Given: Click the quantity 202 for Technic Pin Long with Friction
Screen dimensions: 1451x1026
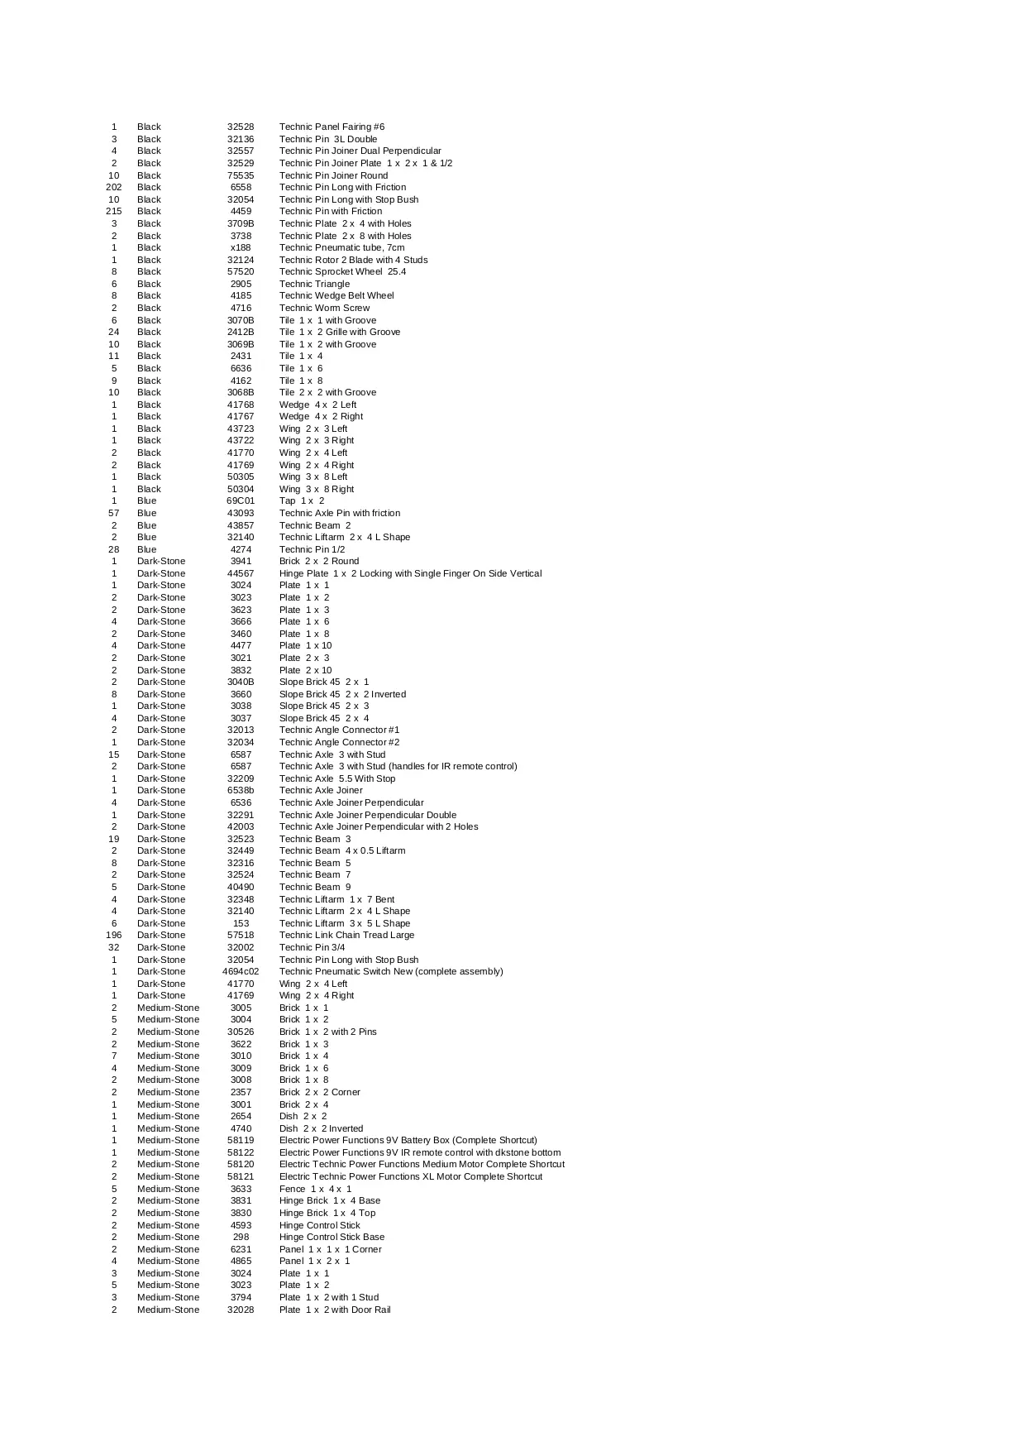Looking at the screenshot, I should tap(114, 187).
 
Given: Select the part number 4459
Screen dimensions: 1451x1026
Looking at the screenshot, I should tap(241, 211).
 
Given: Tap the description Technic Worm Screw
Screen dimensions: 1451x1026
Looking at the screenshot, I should tap(324, 308).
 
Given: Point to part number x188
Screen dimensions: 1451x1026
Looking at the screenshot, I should tap(241, 247).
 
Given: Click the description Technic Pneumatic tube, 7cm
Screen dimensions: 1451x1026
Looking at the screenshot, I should tap(341, 247).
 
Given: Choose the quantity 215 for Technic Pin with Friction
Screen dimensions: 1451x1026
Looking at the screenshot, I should tap(114, 211).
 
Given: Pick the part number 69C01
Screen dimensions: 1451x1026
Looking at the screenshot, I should tap(241, 500).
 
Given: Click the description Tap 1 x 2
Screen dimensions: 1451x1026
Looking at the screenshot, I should tap(302, 500).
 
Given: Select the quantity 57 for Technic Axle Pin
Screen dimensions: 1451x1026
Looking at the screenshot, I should tap(114, 513).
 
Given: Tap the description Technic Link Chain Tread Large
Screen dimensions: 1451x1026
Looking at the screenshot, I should tap(346, 935).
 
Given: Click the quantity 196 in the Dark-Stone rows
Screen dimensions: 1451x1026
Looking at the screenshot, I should tap(114, 935).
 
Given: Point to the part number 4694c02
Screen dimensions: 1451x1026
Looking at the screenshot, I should tap(241, 971).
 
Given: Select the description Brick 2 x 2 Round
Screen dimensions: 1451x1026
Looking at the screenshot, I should tap(319, 561).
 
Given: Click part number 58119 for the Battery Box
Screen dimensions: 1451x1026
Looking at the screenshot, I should tap(241, 1140).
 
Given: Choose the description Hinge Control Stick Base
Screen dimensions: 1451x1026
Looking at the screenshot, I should tap(332, 1237).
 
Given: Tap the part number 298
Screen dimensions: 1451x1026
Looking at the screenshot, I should tap(241, 1237).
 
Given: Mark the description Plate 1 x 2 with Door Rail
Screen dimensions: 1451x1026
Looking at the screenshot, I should tap(335, 1310).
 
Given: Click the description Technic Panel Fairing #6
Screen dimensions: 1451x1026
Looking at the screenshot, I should tap(332, 127).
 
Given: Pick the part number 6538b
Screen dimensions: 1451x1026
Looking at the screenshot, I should tap(241, 790).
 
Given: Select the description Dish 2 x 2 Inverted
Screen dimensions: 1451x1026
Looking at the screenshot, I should tap(321, 1128).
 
